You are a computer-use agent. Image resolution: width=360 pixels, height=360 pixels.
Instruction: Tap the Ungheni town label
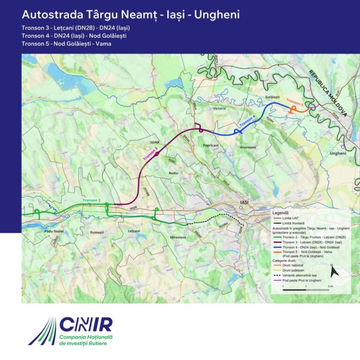coord(337,153)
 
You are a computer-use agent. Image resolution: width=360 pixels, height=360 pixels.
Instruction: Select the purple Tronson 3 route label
coord(150,154)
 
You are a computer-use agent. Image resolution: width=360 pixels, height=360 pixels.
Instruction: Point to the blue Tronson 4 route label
coord(247,121)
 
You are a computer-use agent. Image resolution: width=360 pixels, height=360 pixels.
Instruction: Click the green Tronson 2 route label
coord(91,201)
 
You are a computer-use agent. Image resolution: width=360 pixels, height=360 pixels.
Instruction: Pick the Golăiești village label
coord(272,97)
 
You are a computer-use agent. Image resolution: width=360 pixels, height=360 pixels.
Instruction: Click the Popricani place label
coord(211,146)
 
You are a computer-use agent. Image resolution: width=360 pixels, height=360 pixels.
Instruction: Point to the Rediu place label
coord(174,173)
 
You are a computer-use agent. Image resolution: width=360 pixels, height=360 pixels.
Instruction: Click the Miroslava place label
coord(176,238)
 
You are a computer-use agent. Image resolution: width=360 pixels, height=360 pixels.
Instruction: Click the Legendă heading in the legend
coord(280,212)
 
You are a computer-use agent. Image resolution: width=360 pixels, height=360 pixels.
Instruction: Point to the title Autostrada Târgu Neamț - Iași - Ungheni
coord(131,15)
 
